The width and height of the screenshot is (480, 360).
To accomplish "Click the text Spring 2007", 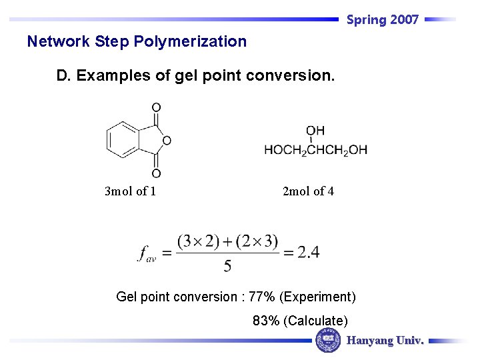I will coord(383,20).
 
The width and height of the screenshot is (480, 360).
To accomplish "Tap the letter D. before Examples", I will coord(64,76).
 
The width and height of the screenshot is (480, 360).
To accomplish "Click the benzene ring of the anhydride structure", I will coord(122,140).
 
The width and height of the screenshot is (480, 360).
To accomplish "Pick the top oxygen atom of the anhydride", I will coord(156,107).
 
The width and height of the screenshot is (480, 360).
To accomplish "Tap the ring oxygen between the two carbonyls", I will coord(167,140).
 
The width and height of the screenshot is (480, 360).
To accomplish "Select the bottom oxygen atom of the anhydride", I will coord(156,173).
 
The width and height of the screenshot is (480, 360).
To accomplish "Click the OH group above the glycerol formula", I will coord(315,131).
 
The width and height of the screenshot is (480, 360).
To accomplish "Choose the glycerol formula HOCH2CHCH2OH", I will coord(315,150).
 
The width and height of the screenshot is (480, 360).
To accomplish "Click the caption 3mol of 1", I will coord(131,191).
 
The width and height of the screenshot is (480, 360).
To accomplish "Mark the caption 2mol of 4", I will coord(308,191).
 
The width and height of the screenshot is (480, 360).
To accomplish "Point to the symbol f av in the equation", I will coord(147,253).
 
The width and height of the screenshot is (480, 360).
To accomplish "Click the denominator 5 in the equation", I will coord(228,266).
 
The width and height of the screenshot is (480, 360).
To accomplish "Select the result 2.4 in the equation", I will coord(308,252).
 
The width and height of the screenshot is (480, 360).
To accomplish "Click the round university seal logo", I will coord(327,341).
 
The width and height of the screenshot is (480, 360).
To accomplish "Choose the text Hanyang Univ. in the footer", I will coord(385,341).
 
